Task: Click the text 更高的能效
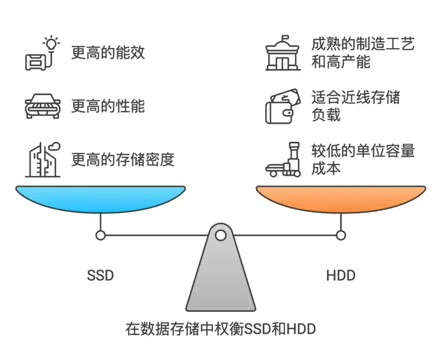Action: (108, 52)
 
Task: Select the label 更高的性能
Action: (108, 106)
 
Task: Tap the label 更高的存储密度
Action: (123, 160)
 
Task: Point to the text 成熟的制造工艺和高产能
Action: (363, 53)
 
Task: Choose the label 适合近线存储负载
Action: (355, 106)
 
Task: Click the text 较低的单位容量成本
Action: (363, 160)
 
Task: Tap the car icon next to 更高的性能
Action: (42, 106)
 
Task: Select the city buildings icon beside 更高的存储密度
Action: (42, 159)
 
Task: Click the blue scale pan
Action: (101, 199)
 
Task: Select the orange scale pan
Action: (341, 199)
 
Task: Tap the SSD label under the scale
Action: (101, 275)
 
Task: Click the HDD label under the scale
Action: (341, 275)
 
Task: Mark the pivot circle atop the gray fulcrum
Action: (220, 235)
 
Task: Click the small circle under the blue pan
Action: (101, 235)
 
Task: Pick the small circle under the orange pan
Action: (341, 235)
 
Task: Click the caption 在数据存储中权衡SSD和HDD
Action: (220, 329)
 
